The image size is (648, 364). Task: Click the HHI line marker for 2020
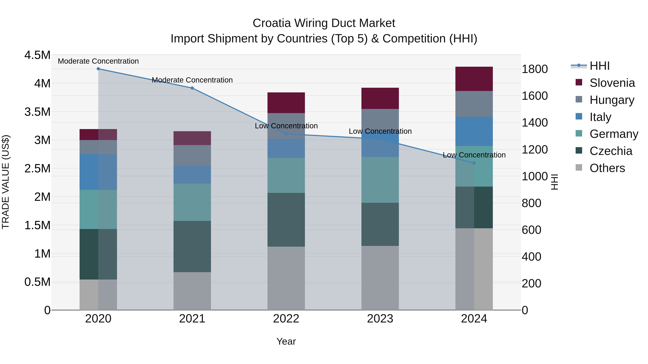coord(98,69)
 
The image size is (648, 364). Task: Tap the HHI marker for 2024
coord(474,163)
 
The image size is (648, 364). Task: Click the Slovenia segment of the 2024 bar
coord(474,79)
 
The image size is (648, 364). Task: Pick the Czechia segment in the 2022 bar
coord(286,220)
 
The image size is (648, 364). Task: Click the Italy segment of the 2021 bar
coord(192,175)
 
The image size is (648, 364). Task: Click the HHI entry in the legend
coord(599,66)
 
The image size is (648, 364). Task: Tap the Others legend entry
coord(607,168)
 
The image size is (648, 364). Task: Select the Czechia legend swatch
coord(579,151)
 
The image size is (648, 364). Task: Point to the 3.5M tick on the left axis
coord(37,112)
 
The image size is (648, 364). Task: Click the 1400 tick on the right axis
coord(535,123)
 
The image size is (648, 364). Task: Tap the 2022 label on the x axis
coord(286,319)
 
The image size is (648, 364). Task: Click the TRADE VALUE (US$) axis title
coord(6,182)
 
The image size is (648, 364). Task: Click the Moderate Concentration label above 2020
coord(98,61)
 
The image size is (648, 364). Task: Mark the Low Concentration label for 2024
coord(474,155)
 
